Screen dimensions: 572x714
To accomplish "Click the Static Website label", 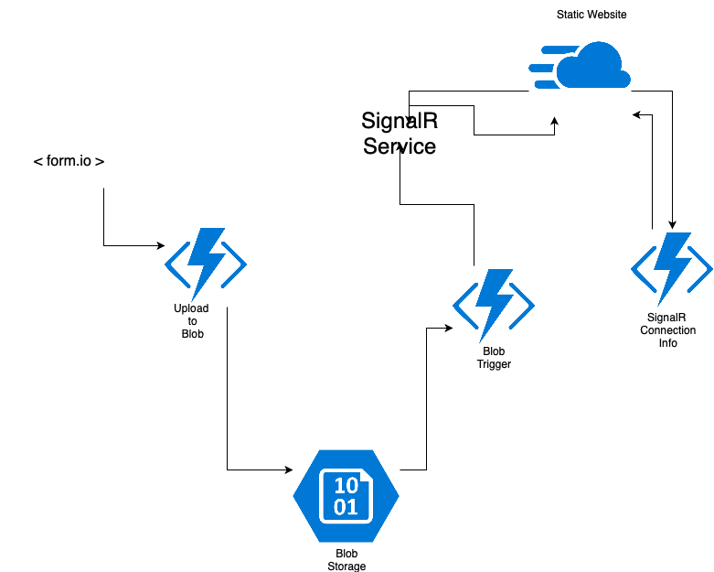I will pos(591,16).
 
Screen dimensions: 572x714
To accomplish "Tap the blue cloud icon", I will pos(591,66).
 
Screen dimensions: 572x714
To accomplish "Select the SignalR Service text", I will pos(399,134).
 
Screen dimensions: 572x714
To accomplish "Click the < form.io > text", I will pos(69,162).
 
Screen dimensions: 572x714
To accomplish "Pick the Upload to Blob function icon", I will pos(206,264).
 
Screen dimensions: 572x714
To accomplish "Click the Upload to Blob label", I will pos(191,321).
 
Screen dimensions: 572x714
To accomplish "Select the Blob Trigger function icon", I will pos(494,305).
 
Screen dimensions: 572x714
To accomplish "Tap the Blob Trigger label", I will pos(494,358).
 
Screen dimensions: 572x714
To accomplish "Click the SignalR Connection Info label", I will pos(667,330).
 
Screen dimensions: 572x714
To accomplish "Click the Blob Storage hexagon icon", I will pos(346,496).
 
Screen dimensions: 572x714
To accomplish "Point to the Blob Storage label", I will pos(346,560).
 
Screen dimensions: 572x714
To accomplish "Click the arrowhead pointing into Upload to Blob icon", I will pos(159,245).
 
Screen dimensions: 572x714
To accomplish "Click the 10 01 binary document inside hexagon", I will pos(346,496).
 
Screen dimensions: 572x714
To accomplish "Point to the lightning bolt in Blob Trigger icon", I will pos(495,304).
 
